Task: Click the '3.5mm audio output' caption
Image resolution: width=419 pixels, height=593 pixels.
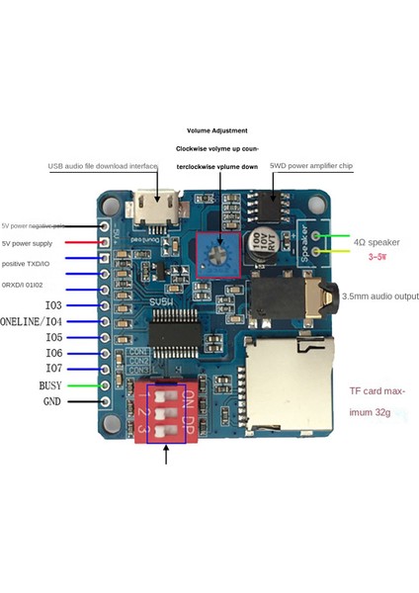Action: coord(381,296)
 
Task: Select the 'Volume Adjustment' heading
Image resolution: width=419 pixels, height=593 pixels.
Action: coord(216,130)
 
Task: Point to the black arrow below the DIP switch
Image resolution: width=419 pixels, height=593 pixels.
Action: coord(165,455)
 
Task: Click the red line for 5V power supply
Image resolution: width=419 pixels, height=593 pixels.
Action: coord(83,242)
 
